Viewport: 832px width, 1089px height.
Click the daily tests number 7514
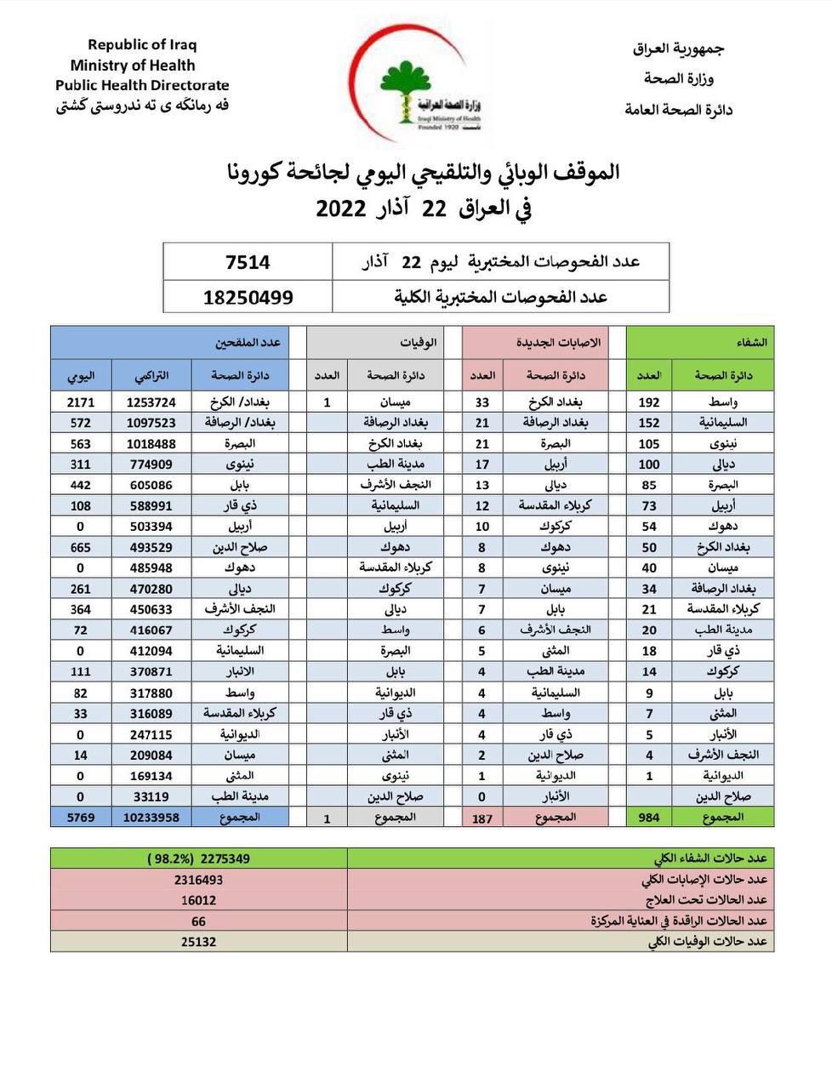click(248, 263)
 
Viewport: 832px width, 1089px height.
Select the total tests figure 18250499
click(248, 297)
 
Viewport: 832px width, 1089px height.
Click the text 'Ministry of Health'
click(133, 66)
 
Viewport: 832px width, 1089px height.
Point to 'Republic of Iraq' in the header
click(142, 45)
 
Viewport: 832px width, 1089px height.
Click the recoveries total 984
click(649, 818)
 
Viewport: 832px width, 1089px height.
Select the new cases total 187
click(482, 818)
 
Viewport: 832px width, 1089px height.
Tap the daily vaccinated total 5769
click(81, 817)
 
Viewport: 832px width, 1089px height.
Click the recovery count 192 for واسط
click(649, 402)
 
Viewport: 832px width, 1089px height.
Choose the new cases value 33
click(482, 402)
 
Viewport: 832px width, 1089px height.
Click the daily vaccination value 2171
click(81, 402)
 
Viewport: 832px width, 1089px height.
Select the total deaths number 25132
click(198, 942)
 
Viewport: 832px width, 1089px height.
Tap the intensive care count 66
click(198, 921)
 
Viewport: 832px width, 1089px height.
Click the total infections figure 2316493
click(198, 880)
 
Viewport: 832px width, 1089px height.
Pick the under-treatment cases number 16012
click(198, 900)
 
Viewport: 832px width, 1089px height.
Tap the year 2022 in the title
click(341, 209)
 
